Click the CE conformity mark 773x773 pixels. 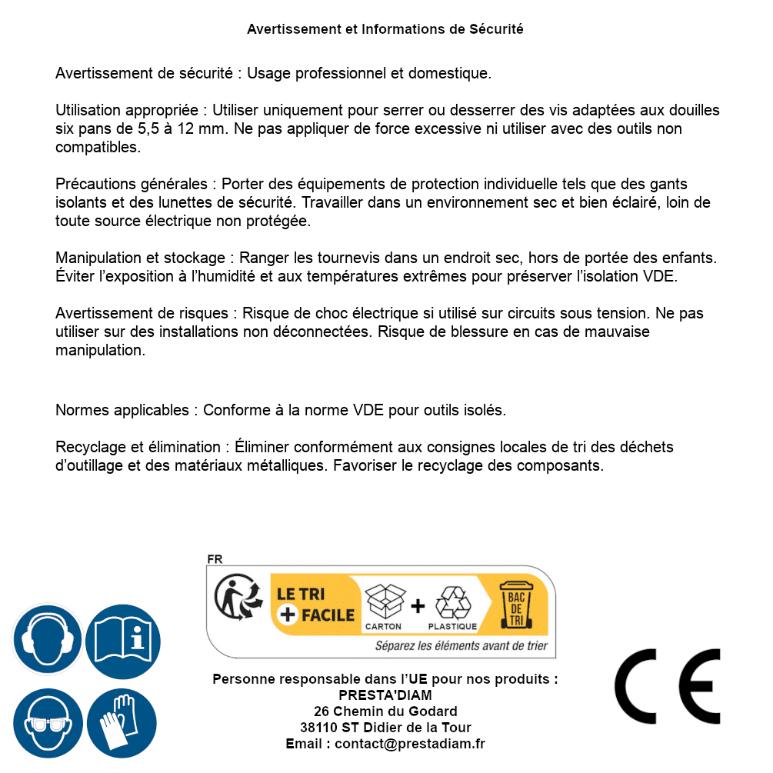667,687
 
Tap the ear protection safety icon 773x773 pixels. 47,639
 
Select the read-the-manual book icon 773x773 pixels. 122,639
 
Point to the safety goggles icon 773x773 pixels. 47,723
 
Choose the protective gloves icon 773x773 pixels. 122,723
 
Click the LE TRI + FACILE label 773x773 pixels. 315,605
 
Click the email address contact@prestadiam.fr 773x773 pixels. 410,744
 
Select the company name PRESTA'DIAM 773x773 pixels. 385,695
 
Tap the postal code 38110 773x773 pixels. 317,728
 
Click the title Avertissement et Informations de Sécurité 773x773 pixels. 385,29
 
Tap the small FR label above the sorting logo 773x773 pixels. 215,559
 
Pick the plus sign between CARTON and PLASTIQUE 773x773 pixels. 418,605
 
